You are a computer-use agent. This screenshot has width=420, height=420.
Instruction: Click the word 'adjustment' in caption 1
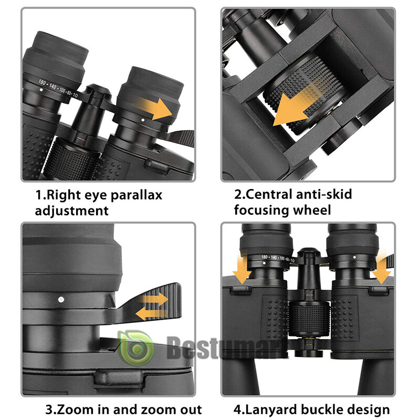point(71,211)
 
